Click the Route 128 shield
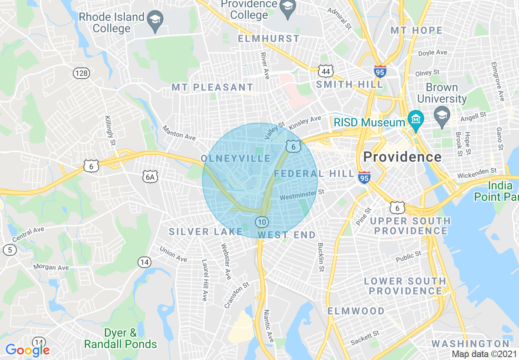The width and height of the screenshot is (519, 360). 81,73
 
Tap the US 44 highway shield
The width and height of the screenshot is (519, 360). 326,72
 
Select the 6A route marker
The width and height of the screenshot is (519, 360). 150,177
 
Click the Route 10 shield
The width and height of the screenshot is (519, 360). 262,222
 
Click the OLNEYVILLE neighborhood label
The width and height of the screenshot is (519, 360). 236,158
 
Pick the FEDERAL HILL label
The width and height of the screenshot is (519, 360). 314,173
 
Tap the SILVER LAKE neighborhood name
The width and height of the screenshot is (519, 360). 206,232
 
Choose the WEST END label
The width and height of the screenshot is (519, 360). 287,235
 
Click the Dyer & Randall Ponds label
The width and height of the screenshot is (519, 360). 120,339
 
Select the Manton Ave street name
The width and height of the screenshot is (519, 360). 179,133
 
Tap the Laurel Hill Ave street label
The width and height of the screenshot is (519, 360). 205,280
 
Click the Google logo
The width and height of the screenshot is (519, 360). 27,350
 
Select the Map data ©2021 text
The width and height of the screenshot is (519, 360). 484,354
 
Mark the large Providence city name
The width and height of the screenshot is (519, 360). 402,157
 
